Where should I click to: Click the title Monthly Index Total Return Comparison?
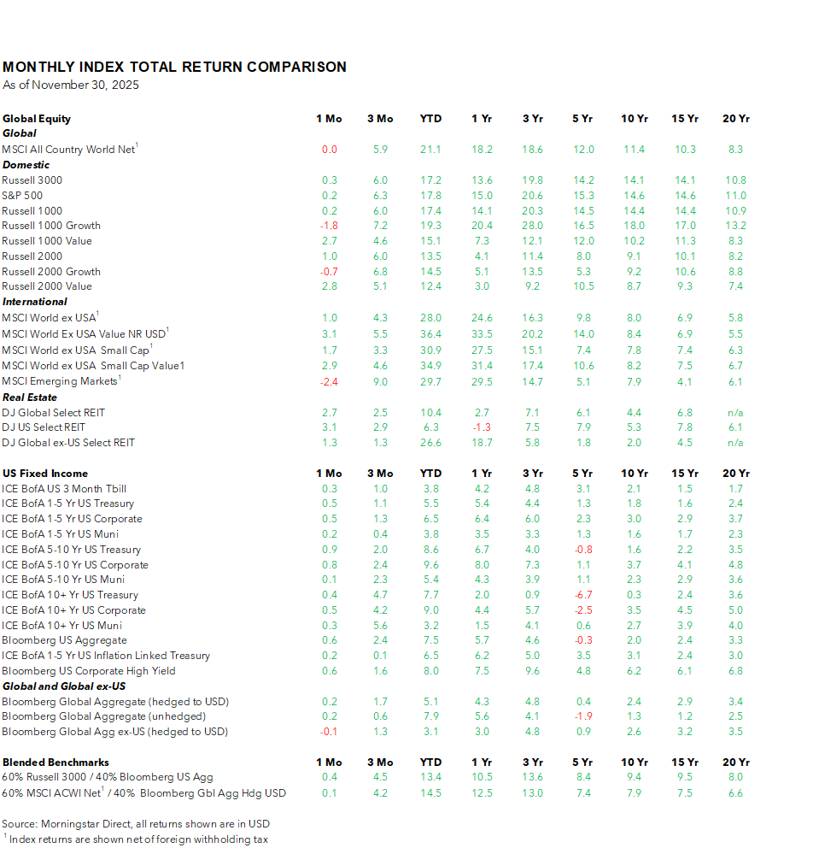(x=174, y=67)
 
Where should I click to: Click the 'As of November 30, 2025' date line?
(x=71, y=85)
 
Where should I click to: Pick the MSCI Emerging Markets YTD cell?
(x=430, y=381)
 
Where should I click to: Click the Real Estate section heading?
(x=30, y=397)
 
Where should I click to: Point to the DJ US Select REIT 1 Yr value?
(x=483, y=427)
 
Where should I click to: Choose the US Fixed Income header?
(x=45, y=474)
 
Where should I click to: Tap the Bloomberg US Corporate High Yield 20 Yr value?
(x=735, y=671)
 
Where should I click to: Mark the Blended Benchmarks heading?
(x=56, y=763)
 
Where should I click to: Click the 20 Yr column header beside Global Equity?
(x=735, y=119)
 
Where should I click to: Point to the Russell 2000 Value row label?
(x=47, y=286)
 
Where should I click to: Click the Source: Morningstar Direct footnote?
(x=136, y=823)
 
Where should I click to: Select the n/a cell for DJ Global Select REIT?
(x=735, y=412)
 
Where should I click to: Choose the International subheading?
(x=35, y=302)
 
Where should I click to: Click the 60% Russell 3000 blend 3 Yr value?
(x=532, y=778)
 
